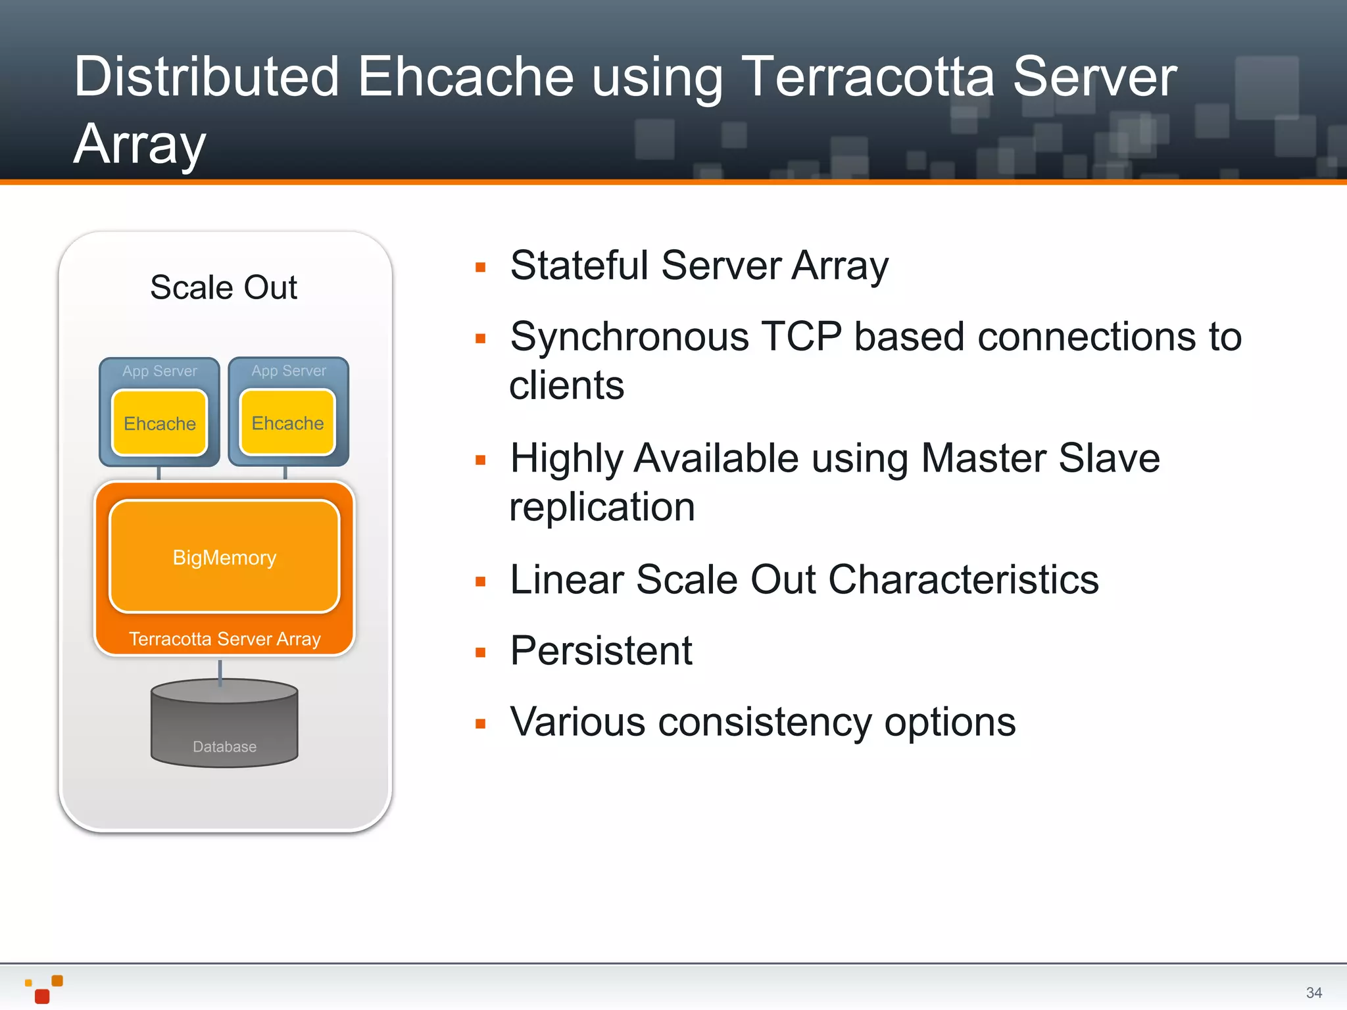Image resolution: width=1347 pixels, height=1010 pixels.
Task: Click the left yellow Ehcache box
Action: tap(159, 423)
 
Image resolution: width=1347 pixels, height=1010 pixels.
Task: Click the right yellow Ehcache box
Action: tap(287, 422)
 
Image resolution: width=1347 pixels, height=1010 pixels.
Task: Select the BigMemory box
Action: tap(224, 557)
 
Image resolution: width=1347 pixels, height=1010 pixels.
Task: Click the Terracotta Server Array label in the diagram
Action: tap(224, 639)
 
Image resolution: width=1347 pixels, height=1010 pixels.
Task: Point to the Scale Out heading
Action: tap(224, 287)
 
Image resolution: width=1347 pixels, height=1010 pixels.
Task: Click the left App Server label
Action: tap(159, 371)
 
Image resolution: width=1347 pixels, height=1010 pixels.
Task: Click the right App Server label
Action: tap(288, 371)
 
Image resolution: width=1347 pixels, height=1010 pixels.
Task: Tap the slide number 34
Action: tap(1313, 992)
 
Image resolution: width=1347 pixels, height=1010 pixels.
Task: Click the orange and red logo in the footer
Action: tap(44, 989)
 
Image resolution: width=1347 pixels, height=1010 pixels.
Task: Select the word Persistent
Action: tap(600, 651)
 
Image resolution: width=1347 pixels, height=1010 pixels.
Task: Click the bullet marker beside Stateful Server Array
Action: tap(481, 268)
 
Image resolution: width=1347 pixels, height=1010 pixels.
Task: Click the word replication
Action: tap(602, 507)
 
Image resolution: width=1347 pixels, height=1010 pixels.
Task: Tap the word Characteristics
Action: tap(963, 579)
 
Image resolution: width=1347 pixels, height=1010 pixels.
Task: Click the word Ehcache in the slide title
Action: tap(466, 77)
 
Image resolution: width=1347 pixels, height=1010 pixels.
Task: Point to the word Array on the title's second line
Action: tap(140, 144)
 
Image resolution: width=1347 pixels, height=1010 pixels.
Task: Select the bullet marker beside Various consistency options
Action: tap(481, 724)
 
